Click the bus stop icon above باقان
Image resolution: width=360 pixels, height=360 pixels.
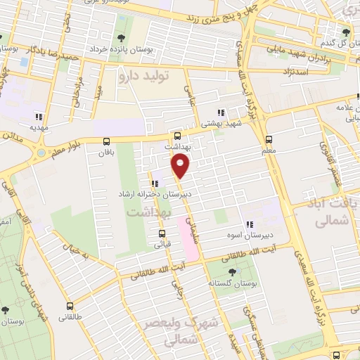(106, 141)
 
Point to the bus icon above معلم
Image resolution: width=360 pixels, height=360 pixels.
(269, 140)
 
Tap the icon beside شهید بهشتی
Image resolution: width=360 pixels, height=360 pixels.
(220, 112)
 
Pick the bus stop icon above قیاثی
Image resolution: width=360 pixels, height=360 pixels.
(162, 234)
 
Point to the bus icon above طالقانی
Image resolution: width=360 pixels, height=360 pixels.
(70, 306)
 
